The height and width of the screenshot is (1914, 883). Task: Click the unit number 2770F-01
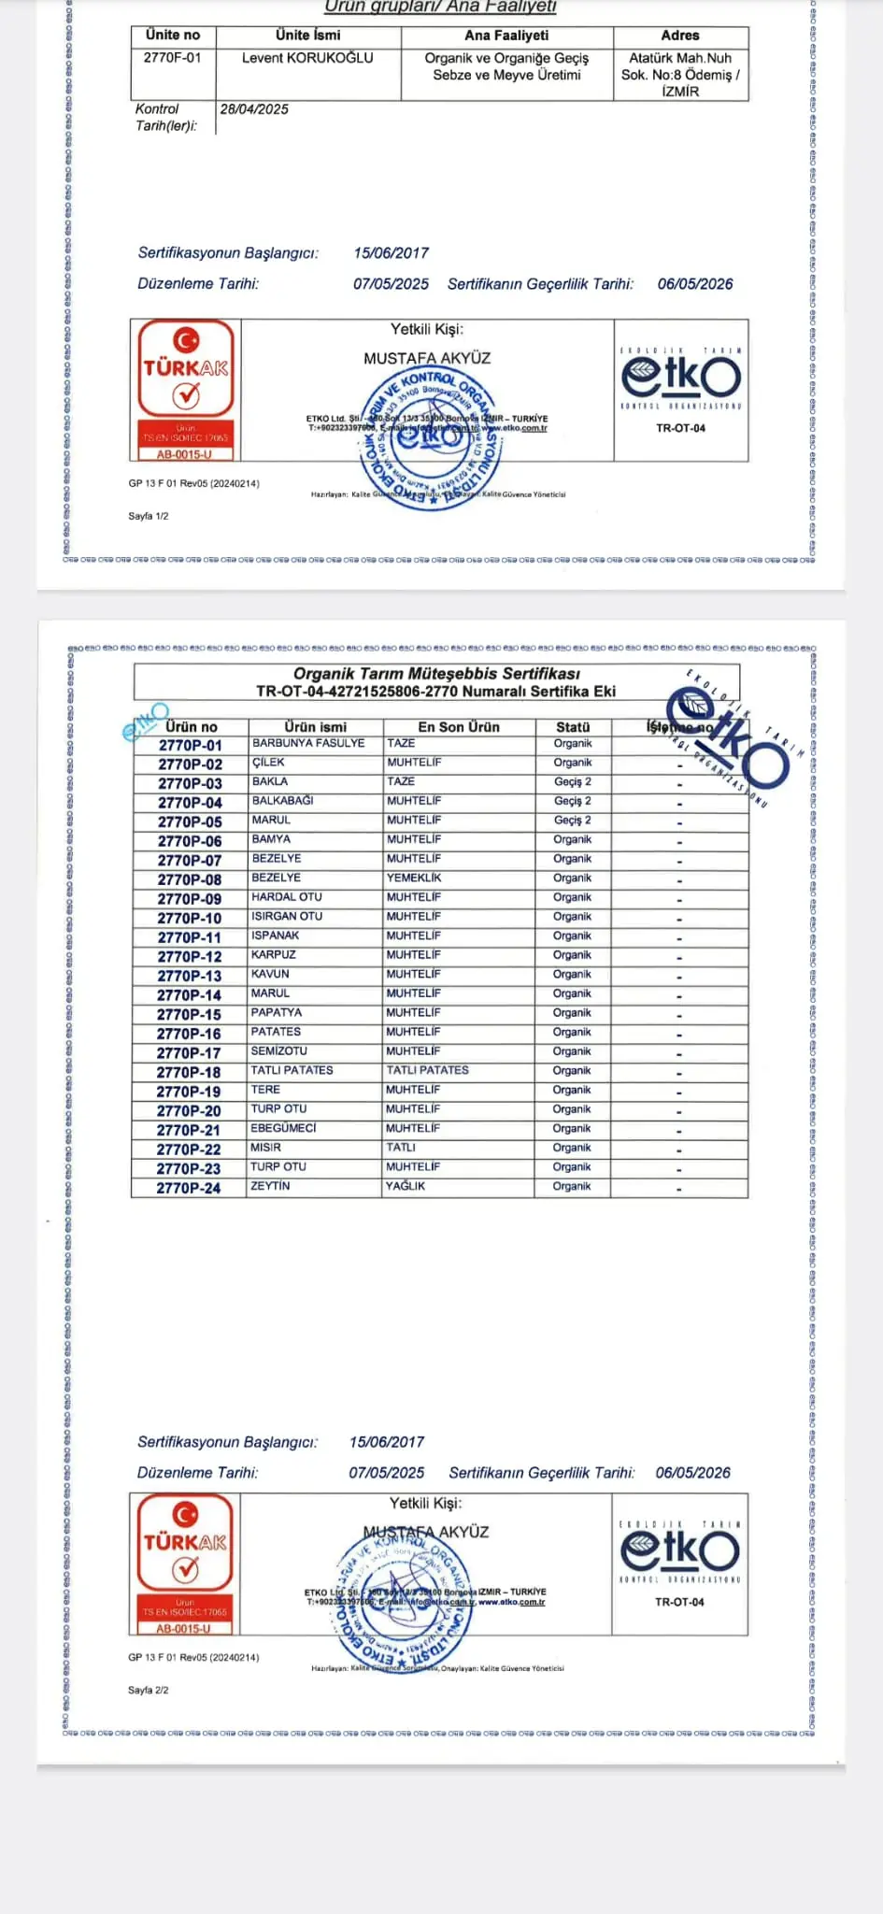pyautogui.click(x=172, y=58)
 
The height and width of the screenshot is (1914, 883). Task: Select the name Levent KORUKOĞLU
pyautogui.click(x=307, y=58)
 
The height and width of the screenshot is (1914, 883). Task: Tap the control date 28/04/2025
pyautogui.click(x=254, y=109)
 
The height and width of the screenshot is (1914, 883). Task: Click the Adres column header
pyautogui.click(x=680, y=36)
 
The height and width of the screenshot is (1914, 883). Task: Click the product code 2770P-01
pyautogui.click(x=190, y=746)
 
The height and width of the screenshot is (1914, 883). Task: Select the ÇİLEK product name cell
pyautogui.click(x=268, y=763)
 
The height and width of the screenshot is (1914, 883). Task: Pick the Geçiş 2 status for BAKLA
pyautogui.click(x=573, y=782)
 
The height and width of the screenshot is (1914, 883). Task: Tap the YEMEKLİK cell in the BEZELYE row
pyautogui.click(x=414, y=878)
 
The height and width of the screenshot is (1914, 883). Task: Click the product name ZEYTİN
pyautogui.click(x=270, y=1186)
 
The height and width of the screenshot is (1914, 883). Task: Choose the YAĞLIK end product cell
pyautogui.click(x=406, y=1186)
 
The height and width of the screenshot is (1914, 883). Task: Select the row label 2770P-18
pyautogui.click(x=189, y=1073)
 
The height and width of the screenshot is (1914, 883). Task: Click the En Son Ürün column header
pyautogui.click(x=459, y=727)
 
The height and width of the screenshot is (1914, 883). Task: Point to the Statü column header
pyautogui.click(x=573, y=727)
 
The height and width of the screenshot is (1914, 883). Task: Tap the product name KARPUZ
pyautogui.click(x=274, y=955)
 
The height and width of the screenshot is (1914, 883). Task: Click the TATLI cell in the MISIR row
pyautogui.click(x=401, y=1148)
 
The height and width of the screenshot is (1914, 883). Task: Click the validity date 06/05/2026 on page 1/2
pyautogui.click(x=695, y=284)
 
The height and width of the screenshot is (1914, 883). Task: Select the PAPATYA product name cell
pyautogui.click(x=277, y=1013)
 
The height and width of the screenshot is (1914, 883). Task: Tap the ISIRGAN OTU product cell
pyautogui.click(x=287, y=917)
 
